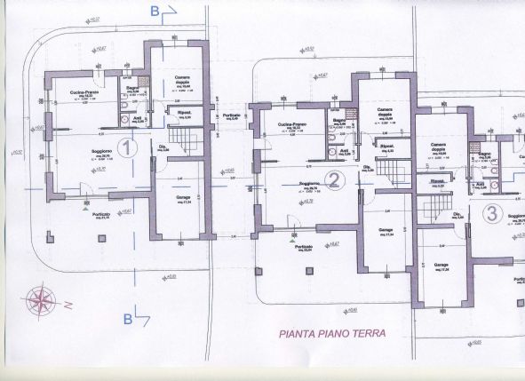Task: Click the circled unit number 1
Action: tap(127, 147)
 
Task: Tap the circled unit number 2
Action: tap(334, 181)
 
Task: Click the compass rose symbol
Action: tap(43, 299)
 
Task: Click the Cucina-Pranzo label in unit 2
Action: tap(292, 123)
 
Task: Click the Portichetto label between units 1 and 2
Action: tap(231, 116)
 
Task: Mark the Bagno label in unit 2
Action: tap(338, 120)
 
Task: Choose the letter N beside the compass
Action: tap(67, 305)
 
